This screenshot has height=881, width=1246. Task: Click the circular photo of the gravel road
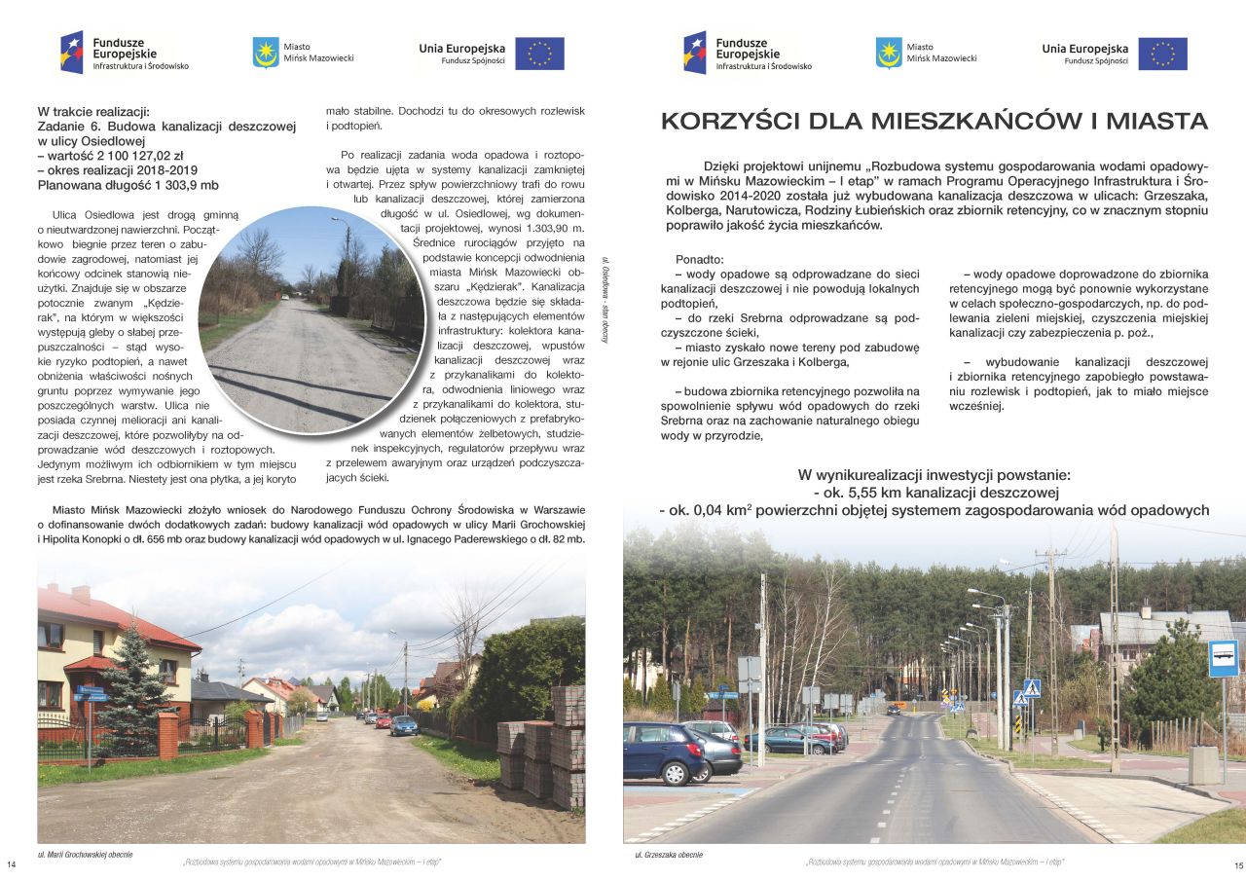(x=311, y=320)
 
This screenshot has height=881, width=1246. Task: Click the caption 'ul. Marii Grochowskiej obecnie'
(x=85, y=854)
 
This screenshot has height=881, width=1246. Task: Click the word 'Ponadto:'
(x=699, y=260)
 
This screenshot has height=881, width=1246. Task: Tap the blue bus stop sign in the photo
(x=1223, y=658)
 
